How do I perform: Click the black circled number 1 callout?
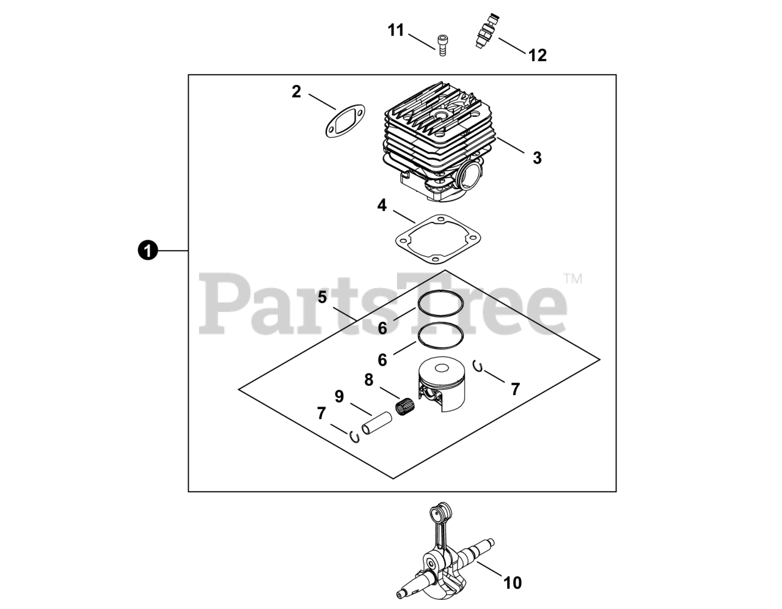148,250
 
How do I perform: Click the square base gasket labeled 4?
435,242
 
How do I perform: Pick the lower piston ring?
441,335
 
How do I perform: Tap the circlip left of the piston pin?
353,437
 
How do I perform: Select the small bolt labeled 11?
442,44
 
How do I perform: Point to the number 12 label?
537,55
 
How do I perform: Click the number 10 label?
513,583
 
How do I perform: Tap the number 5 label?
322,298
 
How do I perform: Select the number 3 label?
537,158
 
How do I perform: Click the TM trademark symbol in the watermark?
572,279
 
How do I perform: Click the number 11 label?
396,30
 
